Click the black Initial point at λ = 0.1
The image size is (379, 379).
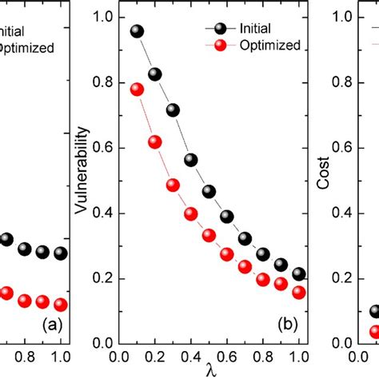coord(137,31)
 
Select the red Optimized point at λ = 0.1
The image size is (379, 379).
coord(137,90)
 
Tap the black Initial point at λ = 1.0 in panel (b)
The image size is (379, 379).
coord(299,274)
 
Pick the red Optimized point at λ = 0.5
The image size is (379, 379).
coord(209,235)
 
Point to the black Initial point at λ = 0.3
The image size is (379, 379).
coord(173,110)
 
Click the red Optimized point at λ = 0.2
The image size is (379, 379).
coord(155,142)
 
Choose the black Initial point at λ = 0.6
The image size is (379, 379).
coord(227,217)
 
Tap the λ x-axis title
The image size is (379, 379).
coord(209,369)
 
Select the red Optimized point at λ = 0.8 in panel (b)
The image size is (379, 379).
coord(263,279)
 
